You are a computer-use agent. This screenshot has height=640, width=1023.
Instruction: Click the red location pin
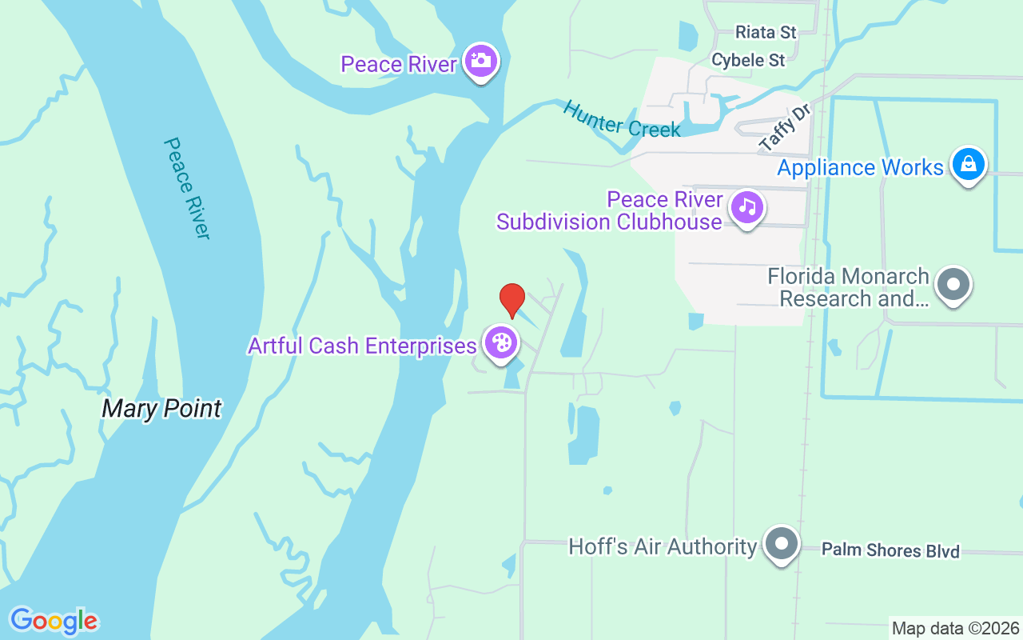(512, 300)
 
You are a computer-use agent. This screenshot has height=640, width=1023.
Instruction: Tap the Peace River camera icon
(481, 61)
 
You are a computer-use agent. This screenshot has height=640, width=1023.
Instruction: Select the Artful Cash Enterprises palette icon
(501, 343)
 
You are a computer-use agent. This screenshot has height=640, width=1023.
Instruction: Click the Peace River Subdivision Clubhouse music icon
(747, 207)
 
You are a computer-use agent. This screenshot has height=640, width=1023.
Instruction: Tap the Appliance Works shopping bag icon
(969, 164)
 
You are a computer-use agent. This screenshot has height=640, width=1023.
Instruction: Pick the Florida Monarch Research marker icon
(953, 284)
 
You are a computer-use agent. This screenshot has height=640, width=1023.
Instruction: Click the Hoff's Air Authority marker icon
(781, 544)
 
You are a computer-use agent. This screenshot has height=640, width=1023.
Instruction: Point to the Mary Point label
(161, 409)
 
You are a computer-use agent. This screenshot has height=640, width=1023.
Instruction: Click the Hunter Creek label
(621, 118)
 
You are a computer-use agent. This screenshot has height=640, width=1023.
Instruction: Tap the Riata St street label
(766, 32)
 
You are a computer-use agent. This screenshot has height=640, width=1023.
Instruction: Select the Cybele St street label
(748, 59)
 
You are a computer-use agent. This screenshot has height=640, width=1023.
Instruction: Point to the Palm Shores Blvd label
(890, 550)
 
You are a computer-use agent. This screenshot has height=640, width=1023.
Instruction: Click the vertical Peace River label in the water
(186, 188)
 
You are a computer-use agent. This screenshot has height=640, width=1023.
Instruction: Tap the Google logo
(54, 621)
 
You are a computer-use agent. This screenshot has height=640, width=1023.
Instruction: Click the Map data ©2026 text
(955, 628)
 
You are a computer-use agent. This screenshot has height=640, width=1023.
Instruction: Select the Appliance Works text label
(860, 167)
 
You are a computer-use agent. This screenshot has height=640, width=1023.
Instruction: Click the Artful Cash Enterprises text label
(362, 346)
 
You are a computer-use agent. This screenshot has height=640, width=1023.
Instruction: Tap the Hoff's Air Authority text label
(662, 546)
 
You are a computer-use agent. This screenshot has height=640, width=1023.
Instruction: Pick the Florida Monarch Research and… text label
(848, 287)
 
